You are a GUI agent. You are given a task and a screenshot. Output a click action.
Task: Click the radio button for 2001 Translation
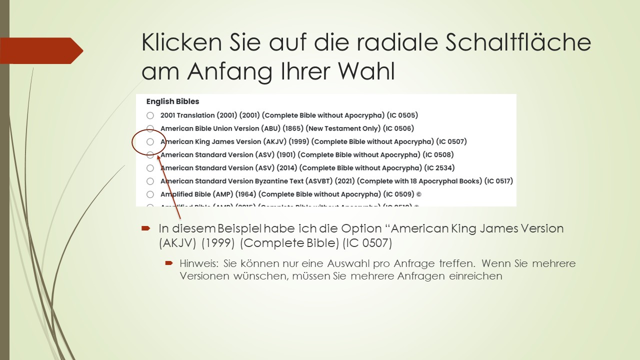pos(150,115)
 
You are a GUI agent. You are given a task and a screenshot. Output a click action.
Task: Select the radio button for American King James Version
pos(150,142)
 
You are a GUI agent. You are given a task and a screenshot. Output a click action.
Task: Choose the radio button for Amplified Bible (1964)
pos(150,194)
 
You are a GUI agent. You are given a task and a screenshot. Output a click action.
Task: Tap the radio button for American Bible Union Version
pos(150,128)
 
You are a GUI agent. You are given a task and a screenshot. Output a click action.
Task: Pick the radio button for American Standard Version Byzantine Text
pos(150,181)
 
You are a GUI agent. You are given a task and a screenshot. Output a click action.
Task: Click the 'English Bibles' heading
pos(172,101)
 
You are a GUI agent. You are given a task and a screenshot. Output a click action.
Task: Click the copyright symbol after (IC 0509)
pos(418,194)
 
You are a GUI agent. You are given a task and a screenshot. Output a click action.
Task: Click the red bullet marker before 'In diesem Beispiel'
pos(146,228)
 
